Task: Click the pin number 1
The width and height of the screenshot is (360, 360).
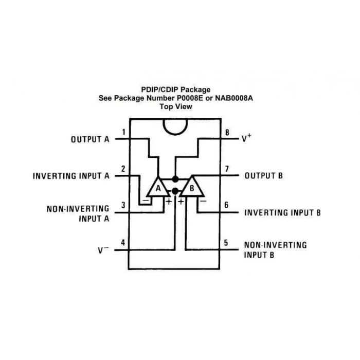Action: pyautogui.click(x=124, y=132)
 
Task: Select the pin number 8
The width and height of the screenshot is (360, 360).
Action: pyautogui.click(x=227, y=132)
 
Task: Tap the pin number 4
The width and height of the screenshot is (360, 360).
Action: pyautogui.click(x=123, y=243)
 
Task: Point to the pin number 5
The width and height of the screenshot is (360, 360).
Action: pyautogui.click(x=226, y=243)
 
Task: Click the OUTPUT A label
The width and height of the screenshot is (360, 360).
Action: pyautogui.click(x=90, y=139)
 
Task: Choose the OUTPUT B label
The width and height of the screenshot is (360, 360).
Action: pyautogui.click(x=263, y=176)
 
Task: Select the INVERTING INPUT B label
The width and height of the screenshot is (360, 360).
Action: pyautogui.click(x=282, y=212)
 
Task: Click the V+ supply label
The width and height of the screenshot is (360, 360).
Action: pyautogui.click(x=246, y=138)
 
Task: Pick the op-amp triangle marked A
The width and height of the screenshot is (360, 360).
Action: pyautogui.click(x=158, y=187)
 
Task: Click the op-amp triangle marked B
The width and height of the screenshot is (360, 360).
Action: pyautogui.click(x=192, y=187)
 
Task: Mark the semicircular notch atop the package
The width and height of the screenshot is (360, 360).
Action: pyautogui.click(x=175, y=127)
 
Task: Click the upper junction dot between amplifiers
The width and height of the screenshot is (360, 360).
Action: pyautogui.click(x=175, y=179)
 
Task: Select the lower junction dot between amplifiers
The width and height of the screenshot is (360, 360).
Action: pyautogui.click(x=175, y=191)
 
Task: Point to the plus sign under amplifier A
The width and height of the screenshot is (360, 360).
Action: pyautogui.click(x=169, y=202)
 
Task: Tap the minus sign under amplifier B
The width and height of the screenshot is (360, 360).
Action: pyautogui.click(x=203, y=202)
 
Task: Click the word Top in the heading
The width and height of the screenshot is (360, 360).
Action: pyautogui.click(x=166, y=106)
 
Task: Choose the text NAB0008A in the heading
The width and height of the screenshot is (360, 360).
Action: pyautogui.click(x=234, y=98)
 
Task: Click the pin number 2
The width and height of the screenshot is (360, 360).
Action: pyautogui.click(x=123, y=169)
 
